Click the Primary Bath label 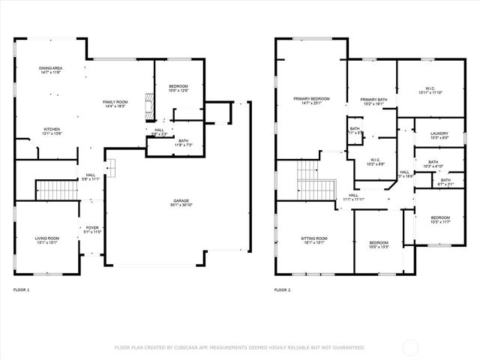[x=373, y=101]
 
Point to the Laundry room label [x=439, y=135]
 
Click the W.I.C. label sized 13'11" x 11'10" [x=430, y=90]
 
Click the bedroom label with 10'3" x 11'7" [x=440, y=218]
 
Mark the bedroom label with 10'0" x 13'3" [x=379, y=244]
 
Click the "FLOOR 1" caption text [x=21, y=289]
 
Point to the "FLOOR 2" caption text [x=282, y=289]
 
